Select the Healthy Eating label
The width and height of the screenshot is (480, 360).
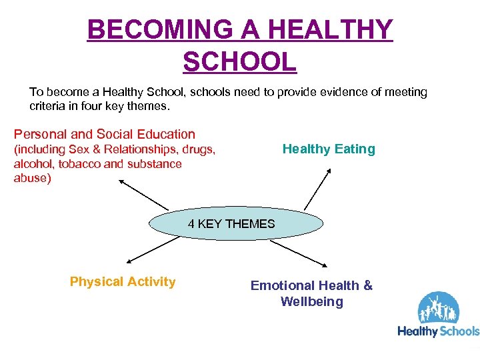click(329, 149)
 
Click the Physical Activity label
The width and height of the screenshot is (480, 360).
click(123, 281)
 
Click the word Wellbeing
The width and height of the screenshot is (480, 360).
click(311, 301)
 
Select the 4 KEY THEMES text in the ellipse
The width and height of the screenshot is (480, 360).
click(231, 224)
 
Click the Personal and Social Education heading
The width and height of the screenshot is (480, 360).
click(105, 134)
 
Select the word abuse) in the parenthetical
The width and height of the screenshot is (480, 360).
click(32, 178)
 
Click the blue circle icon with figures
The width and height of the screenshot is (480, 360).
click(438, 309)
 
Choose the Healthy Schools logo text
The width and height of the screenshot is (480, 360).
click(438, 331)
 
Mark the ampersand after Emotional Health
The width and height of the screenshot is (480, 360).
click(367, 285)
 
